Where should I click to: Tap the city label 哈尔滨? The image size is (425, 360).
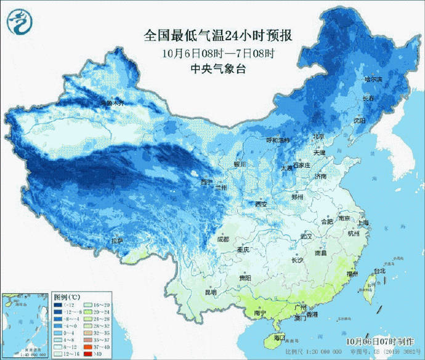coord(373,80)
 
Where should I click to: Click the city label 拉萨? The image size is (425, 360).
coord(116,240)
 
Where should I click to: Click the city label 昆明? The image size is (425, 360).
coord(210,292)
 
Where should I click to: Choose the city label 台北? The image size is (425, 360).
coord(378,271)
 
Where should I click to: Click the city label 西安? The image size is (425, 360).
coord(261,204)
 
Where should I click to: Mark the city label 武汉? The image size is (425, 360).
coord(306,236)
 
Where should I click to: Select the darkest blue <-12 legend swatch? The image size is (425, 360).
coord(57,304)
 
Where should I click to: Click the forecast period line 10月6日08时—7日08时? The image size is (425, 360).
coord(219,53)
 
